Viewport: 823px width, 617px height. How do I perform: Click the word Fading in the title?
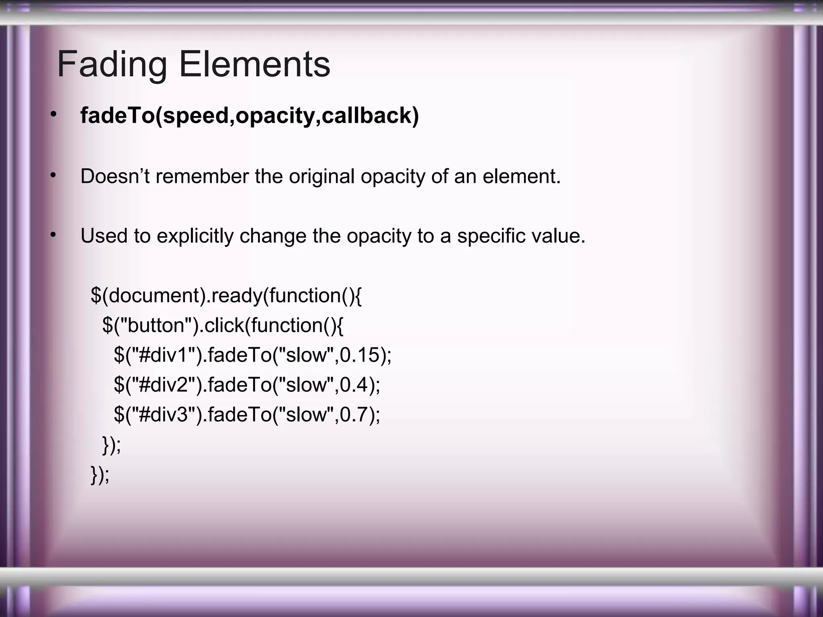[x=112, y=65]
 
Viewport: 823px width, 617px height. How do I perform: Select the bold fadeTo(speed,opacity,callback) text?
[x=250, y=116]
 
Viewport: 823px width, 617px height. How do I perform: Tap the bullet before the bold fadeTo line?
[x=53, y=114]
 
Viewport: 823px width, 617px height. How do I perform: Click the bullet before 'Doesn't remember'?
[x=53, y=175]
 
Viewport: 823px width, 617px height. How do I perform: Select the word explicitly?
[x=195, y=236]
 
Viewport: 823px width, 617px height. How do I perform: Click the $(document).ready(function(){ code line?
[x=226, y=296]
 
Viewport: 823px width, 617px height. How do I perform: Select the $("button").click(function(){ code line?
[x=223, y=325]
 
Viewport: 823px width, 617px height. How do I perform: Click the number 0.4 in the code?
[x=354, y=385]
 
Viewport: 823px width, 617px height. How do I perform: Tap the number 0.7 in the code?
[x=354, y=415]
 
